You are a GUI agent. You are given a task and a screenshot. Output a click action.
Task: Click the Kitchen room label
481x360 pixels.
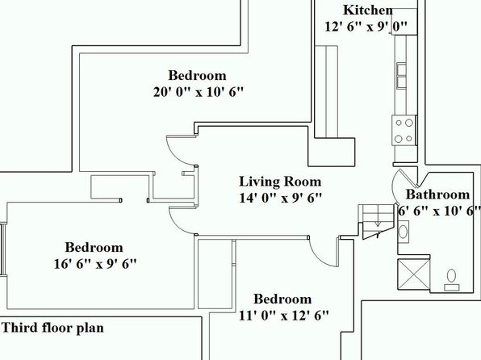368,10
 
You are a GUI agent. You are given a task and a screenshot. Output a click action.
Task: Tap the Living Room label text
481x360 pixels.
280,182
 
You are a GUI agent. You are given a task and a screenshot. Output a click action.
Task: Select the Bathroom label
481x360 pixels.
437,195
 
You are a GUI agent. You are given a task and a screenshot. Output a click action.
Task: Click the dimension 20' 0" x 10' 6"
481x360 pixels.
199,92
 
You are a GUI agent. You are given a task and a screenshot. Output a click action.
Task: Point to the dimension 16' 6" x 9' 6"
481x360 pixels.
95,264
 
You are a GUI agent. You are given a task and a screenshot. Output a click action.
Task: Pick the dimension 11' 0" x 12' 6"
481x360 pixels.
284,315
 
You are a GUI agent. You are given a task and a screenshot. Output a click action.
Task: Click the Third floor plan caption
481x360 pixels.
52,328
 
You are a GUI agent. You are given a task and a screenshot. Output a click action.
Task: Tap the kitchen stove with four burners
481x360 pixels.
404,131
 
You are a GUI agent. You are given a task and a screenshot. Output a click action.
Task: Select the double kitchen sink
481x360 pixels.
402,76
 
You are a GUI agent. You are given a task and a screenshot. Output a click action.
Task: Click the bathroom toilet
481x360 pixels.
452,279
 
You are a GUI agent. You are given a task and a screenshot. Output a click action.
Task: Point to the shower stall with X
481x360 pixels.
413,274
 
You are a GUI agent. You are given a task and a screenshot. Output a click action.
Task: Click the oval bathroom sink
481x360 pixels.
403,232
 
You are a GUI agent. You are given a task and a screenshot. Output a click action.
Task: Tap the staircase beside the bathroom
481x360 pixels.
376,221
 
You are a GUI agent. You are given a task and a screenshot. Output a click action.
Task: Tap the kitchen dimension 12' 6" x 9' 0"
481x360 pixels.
366,27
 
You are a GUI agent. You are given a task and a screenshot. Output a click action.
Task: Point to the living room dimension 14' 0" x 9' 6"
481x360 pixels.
281,198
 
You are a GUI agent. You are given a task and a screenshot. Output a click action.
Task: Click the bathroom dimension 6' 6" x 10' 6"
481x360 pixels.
439,211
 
